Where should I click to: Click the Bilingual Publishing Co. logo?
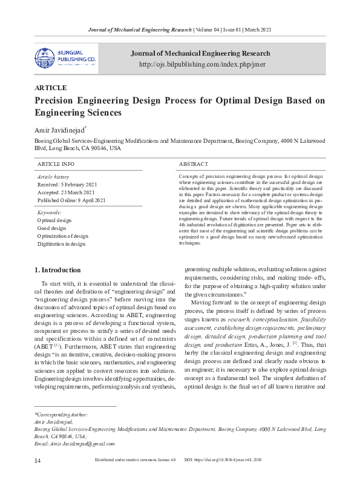coord(65,57)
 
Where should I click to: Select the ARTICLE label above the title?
coord(51,88)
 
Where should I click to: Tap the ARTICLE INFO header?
coord(56,165)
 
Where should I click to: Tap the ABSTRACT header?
coord(193,165)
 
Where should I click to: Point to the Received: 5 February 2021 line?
coord(67,185)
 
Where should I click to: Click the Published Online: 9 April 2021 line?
coord(71,200)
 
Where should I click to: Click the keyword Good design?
coord(51,229)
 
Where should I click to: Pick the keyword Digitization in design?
coord(62,244)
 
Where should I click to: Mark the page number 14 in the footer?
coord(38,478)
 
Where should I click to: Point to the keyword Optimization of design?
coord(62,237)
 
